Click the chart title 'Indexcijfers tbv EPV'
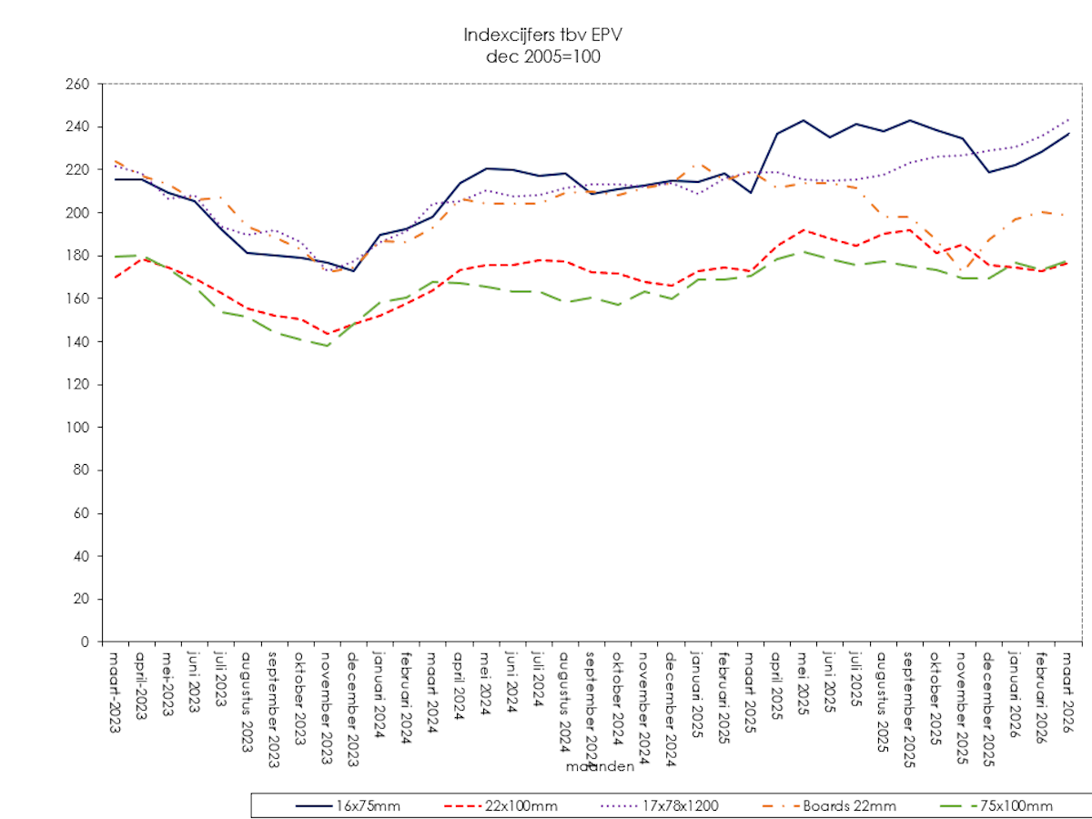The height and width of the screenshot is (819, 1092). point(543,35)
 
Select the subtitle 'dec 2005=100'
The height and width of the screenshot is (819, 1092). point(543,56)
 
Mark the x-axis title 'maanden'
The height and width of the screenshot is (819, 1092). point(600,767)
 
